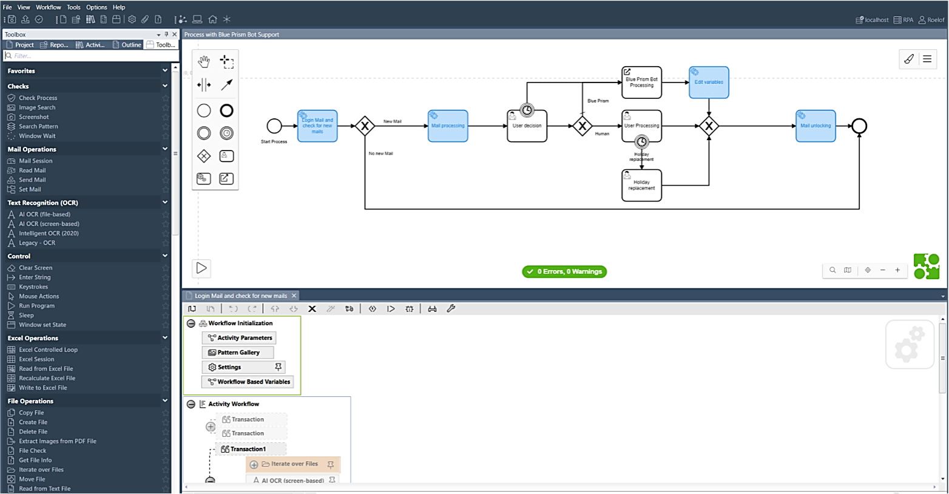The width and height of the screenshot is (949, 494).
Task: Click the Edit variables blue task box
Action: coord(709,83)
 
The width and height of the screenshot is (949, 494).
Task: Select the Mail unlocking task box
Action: coord(816,126)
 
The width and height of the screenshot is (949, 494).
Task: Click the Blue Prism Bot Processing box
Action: coord(641,83)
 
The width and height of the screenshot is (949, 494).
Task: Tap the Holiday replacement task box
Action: coord(641,186)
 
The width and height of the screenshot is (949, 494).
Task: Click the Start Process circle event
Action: coord(274,126)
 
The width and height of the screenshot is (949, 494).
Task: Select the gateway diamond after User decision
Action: coord(582,126)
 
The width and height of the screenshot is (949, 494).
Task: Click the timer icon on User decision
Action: coord(527,110)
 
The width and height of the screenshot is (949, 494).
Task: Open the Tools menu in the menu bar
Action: coord(73,7)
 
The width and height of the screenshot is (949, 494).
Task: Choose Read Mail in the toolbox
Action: coord(32,171)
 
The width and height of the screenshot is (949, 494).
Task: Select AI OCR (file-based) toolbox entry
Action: coord(44,214)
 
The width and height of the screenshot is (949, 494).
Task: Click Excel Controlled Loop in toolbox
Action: coord(48,350)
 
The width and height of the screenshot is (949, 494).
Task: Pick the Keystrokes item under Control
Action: coord(33,287)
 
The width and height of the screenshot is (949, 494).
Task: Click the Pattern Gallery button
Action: coord(238,353)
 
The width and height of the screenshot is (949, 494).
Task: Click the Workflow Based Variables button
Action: coord(248,382)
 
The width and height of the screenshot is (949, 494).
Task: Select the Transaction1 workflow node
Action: coord(248,449)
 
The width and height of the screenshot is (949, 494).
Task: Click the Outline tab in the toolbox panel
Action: coord(127,45)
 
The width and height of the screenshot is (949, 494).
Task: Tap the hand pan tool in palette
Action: coord(204,61)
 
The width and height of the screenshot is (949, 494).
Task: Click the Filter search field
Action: coord(91,56)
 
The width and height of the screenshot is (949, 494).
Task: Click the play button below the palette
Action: coord(201,268)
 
